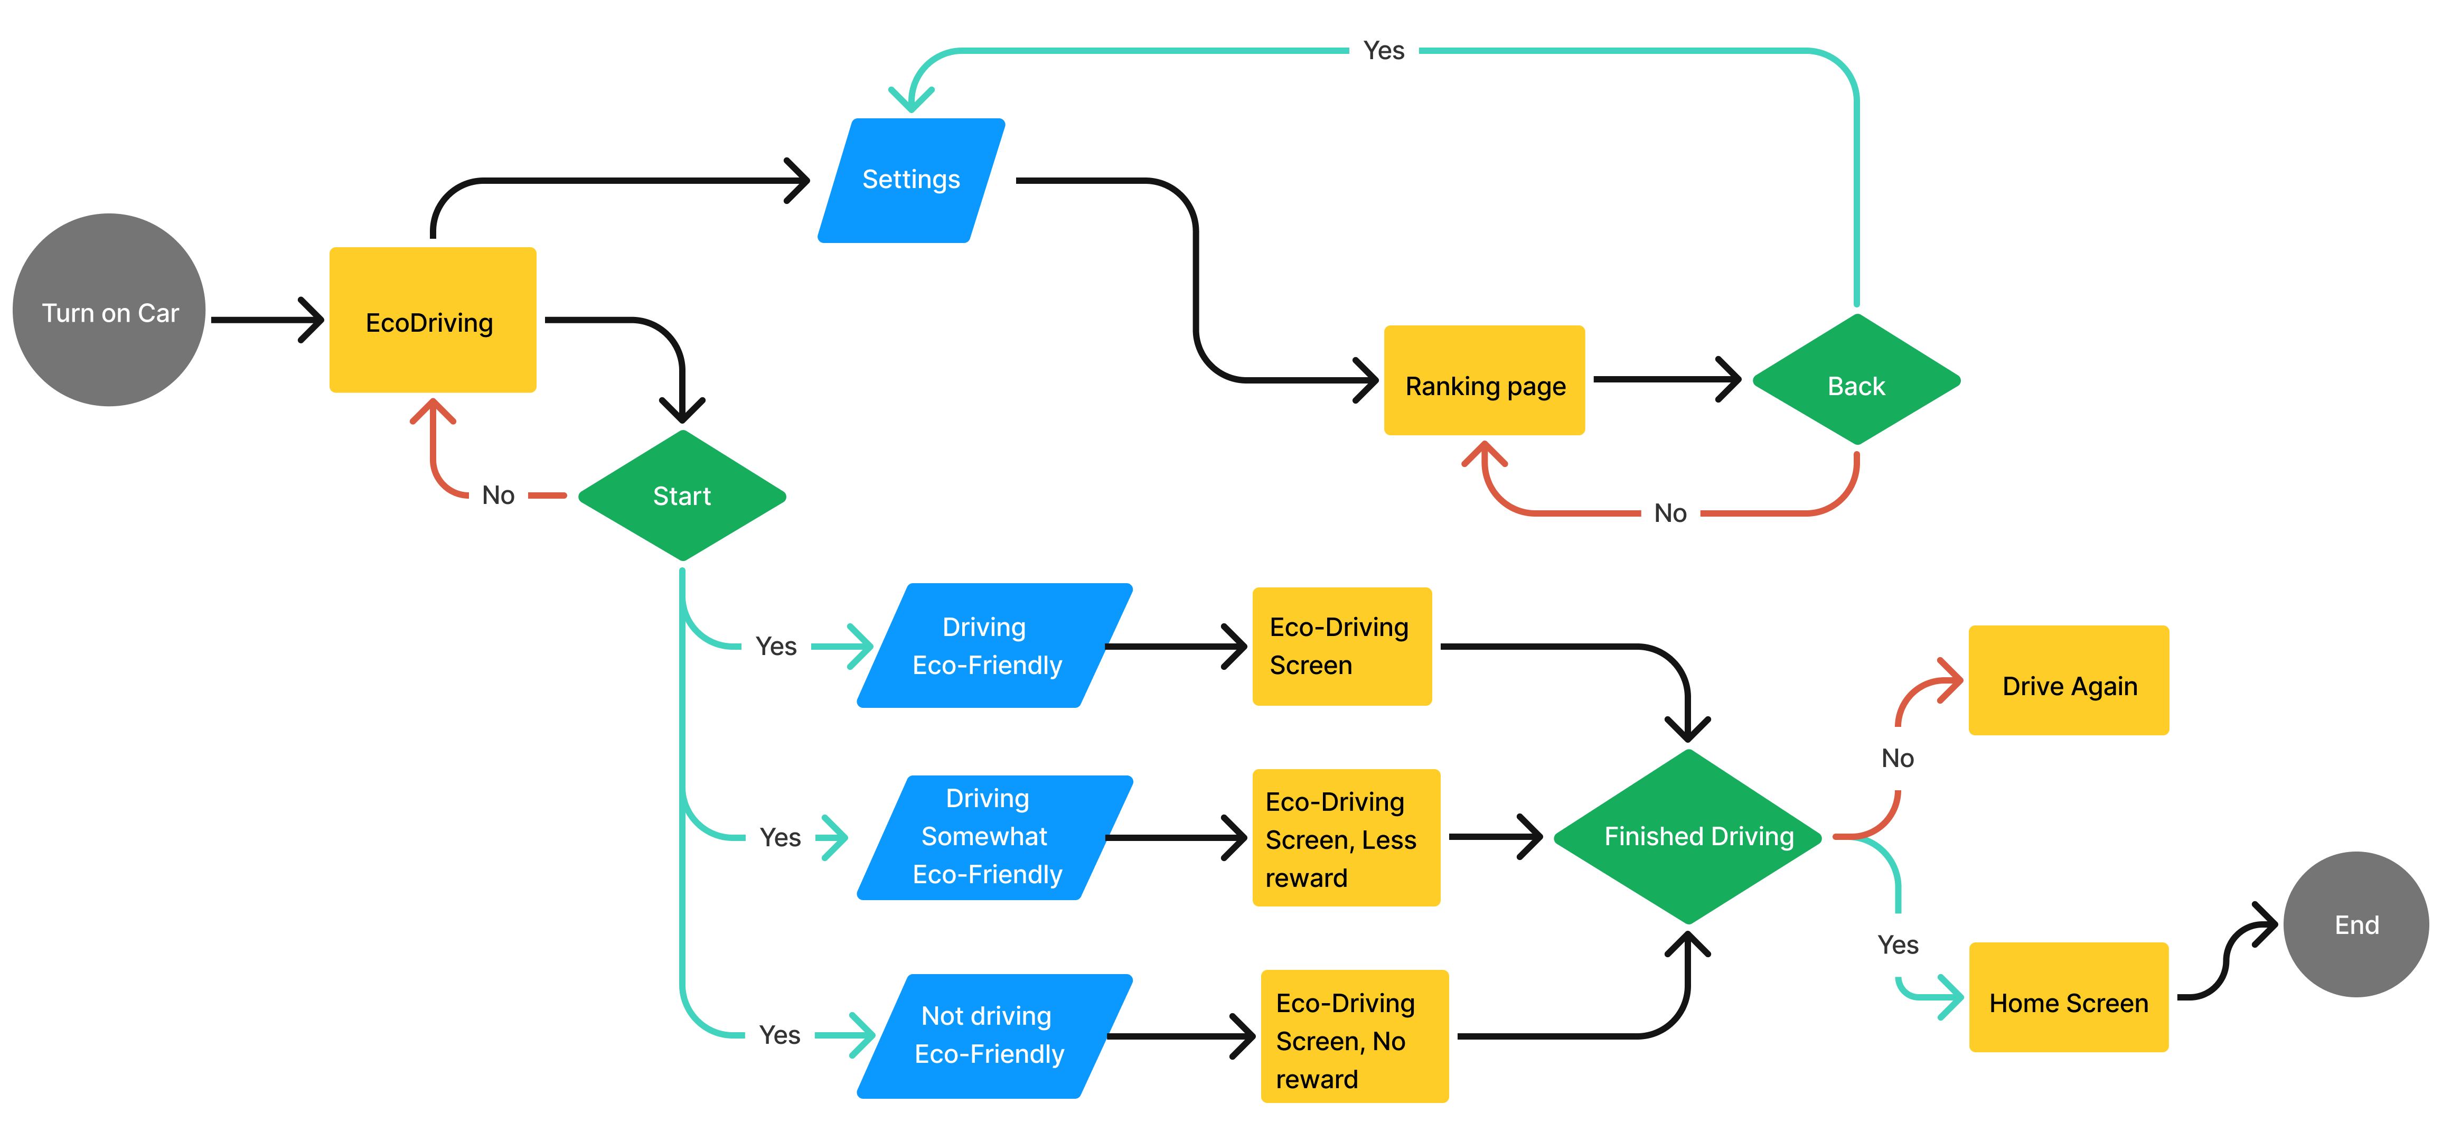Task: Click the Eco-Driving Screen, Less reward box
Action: click(1345, 838)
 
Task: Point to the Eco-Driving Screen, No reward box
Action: click(1354, 1036)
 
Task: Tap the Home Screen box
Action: click(2069, 998)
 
